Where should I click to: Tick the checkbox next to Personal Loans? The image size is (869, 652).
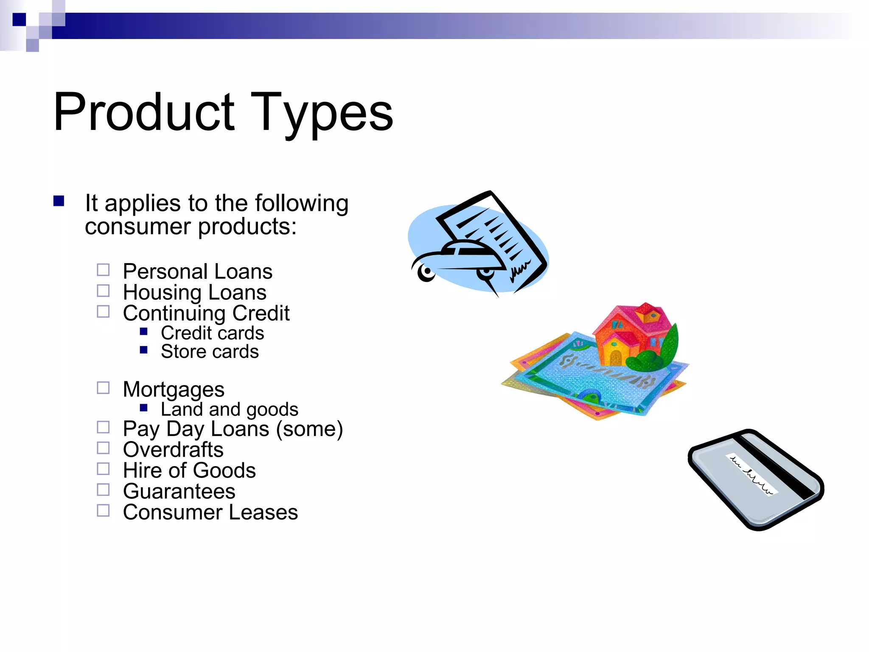click(x=103, y=270)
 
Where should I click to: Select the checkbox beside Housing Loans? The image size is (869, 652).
click(x=103, y=291)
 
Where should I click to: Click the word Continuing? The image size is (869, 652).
click(x=174, y=313)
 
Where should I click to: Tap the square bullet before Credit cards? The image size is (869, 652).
click(x=144, y=332)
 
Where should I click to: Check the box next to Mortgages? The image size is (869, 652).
click(x=103, y=388)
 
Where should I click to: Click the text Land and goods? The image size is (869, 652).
click(x=229, y=409)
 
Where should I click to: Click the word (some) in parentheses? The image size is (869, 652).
click(x=310, y=429)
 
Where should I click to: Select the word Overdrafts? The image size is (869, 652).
click(x=173, y=450)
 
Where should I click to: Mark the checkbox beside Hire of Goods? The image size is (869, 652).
click(x=103, y=469)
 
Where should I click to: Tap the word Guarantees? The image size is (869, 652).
click(x=179, y=492)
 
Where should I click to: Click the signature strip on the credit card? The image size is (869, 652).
click(x=751, y=474)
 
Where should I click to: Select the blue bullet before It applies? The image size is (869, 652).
click(x=59, y=201)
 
